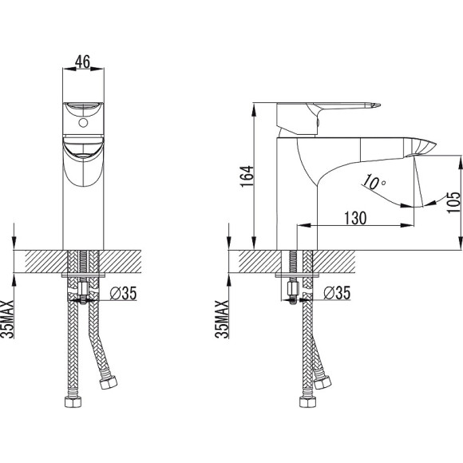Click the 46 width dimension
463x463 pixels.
[82, 61]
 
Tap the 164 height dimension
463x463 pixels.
[247, 176]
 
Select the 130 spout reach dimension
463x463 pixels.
[355, 218]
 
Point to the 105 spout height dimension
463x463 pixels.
[453, 202]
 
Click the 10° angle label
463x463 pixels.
[374, 182]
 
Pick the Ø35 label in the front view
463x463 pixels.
[124, 293]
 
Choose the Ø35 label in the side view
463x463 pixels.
[337, 293]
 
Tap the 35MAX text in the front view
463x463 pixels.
[7, 319]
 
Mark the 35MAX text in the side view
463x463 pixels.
[222, 319]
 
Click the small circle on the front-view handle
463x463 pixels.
[83, 123]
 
